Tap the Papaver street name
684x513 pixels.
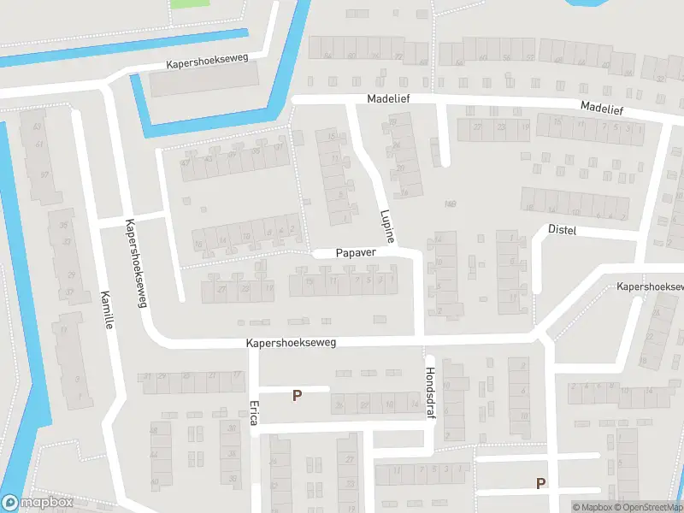(x=355, y=253)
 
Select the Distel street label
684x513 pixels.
(x=563, y=231)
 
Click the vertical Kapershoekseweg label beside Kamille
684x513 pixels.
(x=133, y=254)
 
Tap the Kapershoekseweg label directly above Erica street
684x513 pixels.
(x=291, y=342)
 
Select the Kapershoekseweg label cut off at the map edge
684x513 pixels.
(x=650, y=286)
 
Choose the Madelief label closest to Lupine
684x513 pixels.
(x=388, y=99)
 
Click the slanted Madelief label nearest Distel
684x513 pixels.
(x=601, y=109)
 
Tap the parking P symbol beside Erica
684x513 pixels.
(x=297, y=395)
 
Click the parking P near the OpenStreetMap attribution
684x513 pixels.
(x=540, y=483)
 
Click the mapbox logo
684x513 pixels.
(x=38, y=503)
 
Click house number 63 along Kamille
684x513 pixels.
(x=37, y=127)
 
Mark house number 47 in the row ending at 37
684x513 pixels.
(x=186, y=162)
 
